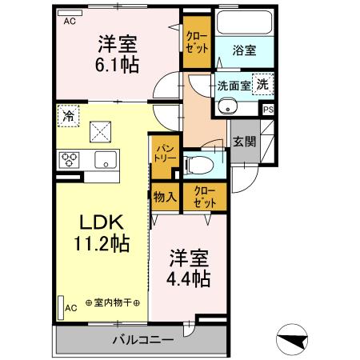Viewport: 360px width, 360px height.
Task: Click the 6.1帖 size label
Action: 118,65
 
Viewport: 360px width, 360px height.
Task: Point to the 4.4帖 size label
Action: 190,279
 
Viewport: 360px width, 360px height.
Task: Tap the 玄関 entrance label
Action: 244,142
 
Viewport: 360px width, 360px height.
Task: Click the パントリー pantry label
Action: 166,153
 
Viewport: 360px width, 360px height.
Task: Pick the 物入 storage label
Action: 165,197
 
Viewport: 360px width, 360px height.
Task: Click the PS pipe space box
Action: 268,110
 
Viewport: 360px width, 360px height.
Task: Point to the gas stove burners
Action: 67,158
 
